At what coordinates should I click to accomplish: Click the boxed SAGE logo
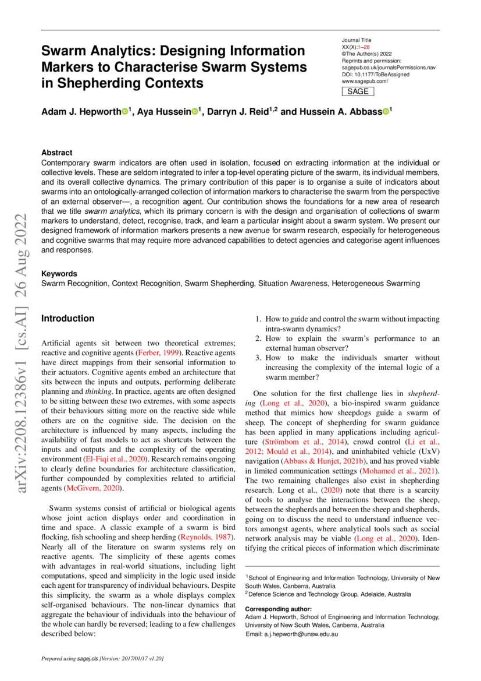(357, 91)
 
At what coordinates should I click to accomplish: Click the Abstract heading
(56, 153)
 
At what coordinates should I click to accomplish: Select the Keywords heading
(59, 274)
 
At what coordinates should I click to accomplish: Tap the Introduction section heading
(67, 319)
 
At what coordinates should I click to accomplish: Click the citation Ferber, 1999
(155, 353)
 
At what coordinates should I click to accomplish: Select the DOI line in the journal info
(375, 75)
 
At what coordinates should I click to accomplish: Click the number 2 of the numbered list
(259, 338)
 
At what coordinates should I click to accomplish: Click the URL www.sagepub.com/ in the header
(365, 82)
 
